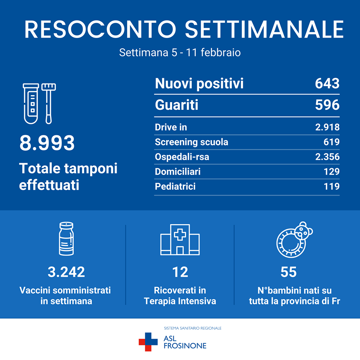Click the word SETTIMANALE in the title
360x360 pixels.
(x=265, y=29)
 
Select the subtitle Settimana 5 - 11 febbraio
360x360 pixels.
(x=180, y=53)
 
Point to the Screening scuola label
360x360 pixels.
(x=191, y=142)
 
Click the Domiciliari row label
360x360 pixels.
(x=178, y=172)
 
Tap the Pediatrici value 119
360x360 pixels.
(x=331, y=186)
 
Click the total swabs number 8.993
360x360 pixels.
(x=47, y=143)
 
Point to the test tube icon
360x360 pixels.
(x=32, y=104)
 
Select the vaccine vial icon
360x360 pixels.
(x=65, y=239)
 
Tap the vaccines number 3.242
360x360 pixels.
(x=66, y=272)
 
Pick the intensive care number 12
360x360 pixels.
(x=180, y=272)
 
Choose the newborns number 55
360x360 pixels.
(x=289, y=272)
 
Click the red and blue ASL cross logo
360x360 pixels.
(x=148, y=342)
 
